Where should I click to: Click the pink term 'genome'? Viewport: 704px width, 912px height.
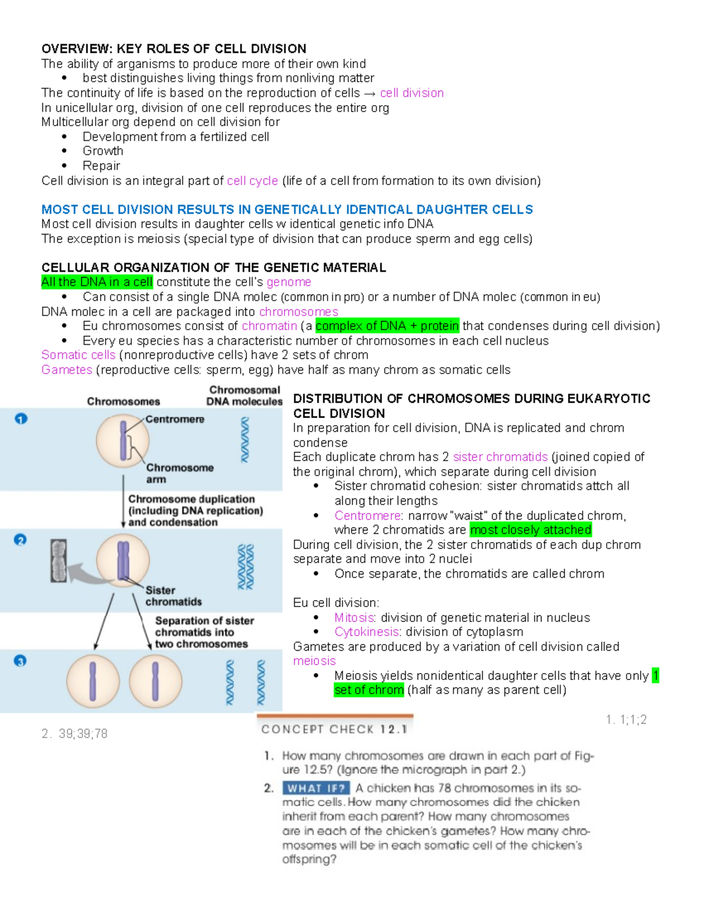point(289,282)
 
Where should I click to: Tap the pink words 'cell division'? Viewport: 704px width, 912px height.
point(411,93)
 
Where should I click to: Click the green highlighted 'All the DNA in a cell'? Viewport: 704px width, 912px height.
point(97,282)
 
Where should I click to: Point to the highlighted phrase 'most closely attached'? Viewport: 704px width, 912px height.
point(530,530)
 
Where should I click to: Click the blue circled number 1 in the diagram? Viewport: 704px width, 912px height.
point(21,419)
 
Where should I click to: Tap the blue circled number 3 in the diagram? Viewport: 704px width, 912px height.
point(21,661)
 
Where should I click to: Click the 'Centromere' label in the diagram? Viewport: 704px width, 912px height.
point(175,419)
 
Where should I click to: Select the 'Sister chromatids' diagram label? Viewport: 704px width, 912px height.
point(173,596)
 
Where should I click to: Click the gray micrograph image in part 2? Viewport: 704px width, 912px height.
point(58,561)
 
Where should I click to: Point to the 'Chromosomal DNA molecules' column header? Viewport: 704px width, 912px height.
point(244,396)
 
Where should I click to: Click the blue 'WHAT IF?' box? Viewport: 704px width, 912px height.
point(316,788)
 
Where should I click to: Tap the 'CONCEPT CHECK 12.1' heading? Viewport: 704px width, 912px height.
point(334,729)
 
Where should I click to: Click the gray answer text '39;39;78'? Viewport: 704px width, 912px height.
point(83,733)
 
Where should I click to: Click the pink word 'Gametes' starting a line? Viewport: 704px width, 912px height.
point(67,370)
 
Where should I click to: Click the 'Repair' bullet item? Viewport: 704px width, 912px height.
point(101,166)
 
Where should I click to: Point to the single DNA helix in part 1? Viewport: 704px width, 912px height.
point(245,440)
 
